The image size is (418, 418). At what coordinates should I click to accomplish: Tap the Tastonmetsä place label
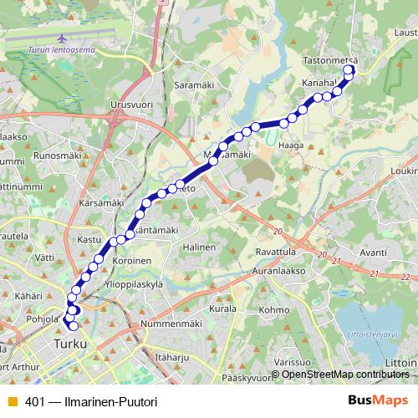click(x=329, y=60)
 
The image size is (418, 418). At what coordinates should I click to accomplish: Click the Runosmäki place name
click(x=56, y=155)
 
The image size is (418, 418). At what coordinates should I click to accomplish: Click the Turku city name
click(x=70, y=344)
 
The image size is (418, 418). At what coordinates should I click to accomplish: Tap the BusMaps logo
click(x=378, y=400)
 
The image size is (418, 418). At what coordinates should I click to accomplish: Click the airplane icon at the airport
click(x=64, y=39)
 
